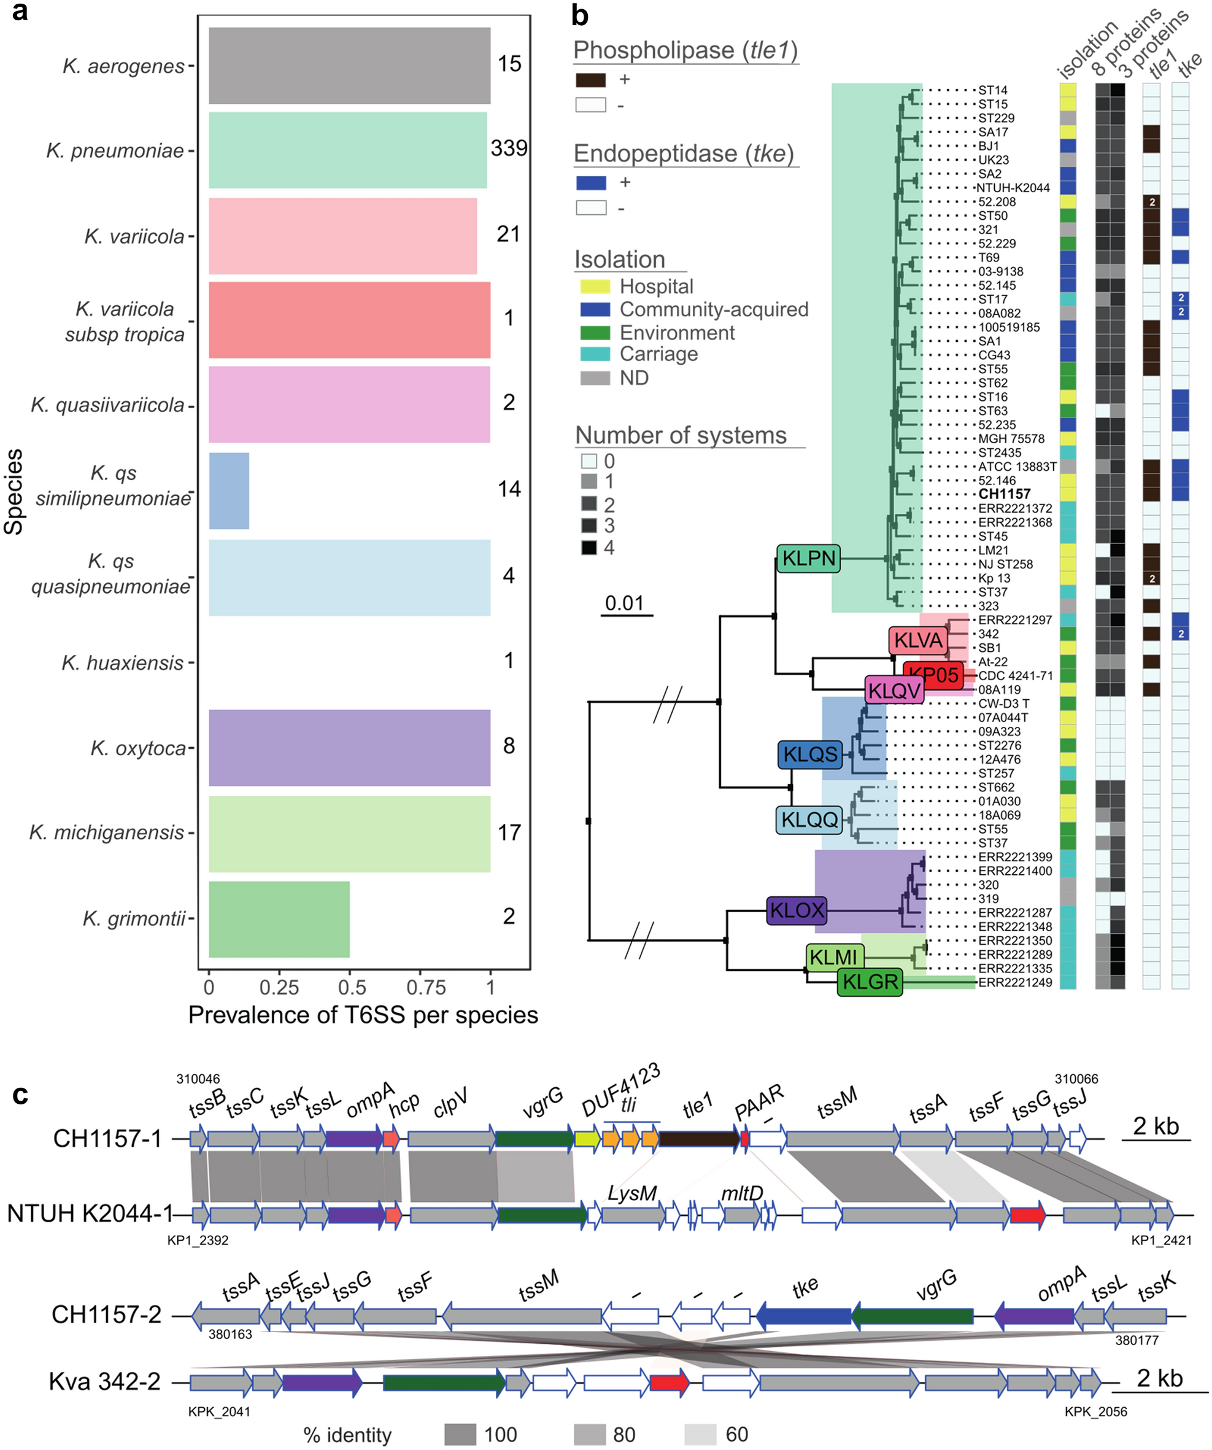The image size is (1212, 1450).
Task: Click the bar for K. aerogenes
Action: [x=349, y=66]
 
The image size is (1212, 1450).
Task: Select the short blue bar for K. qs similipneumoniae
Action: [x=228, y=491]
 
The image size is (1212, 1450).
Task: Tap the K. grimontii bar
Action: [x=279, y=919]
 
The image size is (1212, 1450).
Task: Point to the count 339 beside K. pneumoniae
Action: [x=509, y=148]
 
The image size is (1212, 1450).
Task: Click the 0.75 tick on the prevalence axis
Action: [x=426, y=987]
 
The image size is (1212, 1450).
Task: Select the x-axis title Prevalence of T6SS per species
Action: [x=363, y=1015]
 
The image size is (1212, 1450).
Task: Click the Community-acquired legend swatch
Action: [x=595, y=309]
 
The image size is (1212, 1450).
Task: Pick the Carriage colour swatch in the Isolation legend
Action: [x=595, y=354]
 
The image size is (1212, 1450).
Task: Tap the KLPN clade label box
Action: [x=809, y=558]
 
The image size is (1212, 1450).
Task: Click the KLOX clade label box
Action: [x=797, y=910]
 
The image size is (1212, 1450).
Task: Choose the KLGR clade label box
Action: [x=870, y=981]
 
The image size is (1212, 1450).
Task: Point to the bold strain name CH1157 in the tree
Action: [x=1004, y=494]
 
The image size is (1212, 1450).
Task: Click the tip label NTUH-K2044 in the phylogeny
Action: [x=1013, y=188]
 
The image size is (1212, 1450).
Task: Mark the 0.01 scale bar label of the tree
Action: [x=624, y=603]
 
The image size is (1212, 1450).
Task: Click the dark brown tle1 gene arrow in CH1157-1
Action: [x=698, y=1139]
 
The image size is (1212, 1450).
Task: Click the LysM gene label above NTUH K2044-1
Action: [x=631, y=1193]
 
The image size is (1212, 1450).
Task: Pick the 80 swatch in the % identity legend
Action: [x=590, y=1435]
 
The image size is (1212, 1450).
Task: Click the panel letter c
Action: [x=21, y=1095]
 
